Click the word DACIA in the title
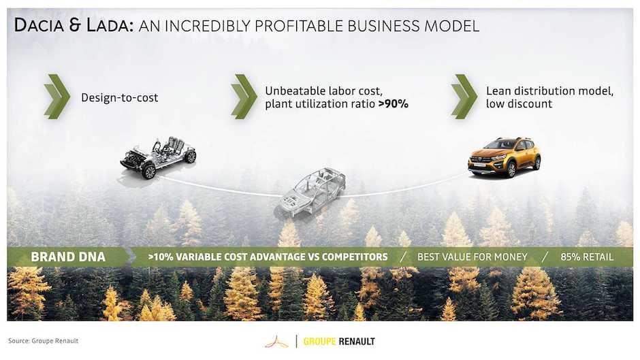(39, 25)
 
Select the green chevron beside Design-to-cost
(57, 97)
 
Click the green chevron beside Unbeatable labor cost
(244, 97)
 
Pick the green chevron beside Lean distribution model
(464, 97)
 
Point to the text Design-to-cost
(120, 98)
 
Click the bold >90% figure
(394, 104)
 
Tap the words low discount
(519, 104)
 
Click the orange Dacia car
(505, 158)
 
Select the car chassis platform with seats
(158, 158)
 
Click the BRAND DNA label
(68, 257)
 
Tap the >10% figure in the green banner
(161, 257)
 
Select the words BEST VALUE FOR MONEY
(473, 257)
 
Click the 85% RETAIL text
(587, 257)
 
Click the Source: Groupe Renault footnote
(44, 341)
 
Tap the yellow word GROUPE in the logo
(319, 342)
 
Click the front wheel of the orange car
(511, 169)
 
